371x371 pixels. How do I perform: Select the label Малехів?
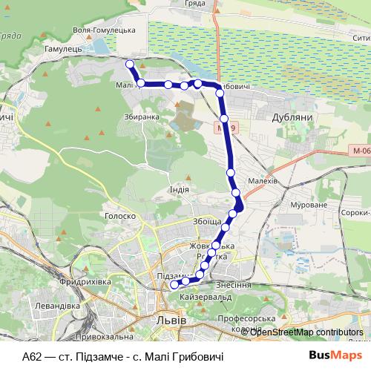coord(263,180)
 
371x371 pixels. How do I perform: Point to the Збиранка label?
coord(142,116)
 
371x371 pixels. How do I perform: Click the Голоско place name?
coord(119,217)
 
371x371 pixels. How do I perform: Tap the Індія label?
coord(179,189)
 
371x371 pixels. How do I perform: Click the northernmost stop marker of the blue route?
coord(129,64)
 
